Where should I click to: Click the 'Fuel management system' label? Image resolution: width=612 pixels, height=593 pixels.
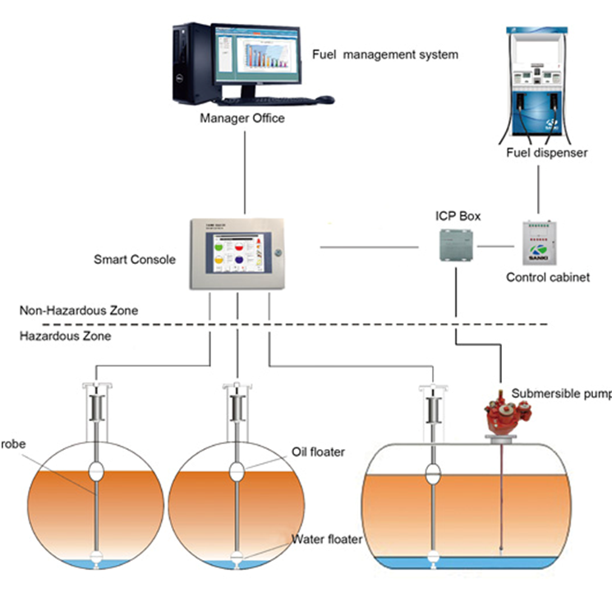click(384, 55)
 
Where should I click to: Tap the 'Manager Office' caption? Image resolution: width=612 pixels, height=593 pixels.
click(242, 118)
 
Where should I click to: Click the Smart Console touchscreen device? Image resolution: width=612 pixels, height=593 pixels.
click(238, 252)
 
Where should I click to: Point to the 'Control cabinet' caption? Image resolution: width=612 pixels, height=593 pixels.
click(547, 278)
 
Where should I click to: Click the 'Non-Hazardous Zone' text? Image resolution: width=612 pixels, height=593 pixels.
click(79, 311)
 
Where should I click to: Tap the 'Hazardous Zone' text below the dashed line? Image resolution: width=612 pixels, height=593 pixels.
click(65, 336)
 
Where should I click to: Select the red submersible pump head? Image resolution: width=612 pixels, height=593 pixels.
click(499, 415)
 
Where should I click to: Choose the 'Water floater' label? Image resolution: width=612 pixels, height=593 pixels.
click(328, 540)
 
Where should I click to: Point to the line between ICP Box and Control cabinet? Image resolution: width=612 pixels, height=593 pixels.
click(496, 246)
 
